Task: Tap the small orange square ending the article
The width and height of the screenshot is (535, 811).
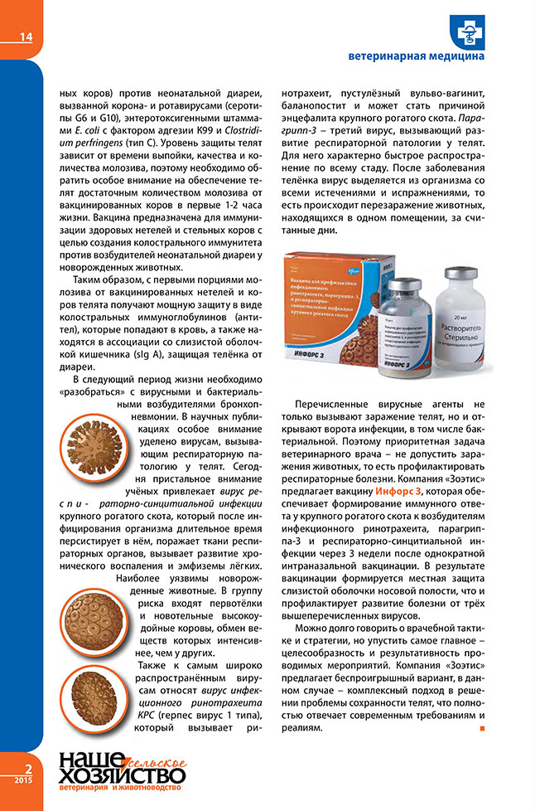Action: (482, 729)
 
